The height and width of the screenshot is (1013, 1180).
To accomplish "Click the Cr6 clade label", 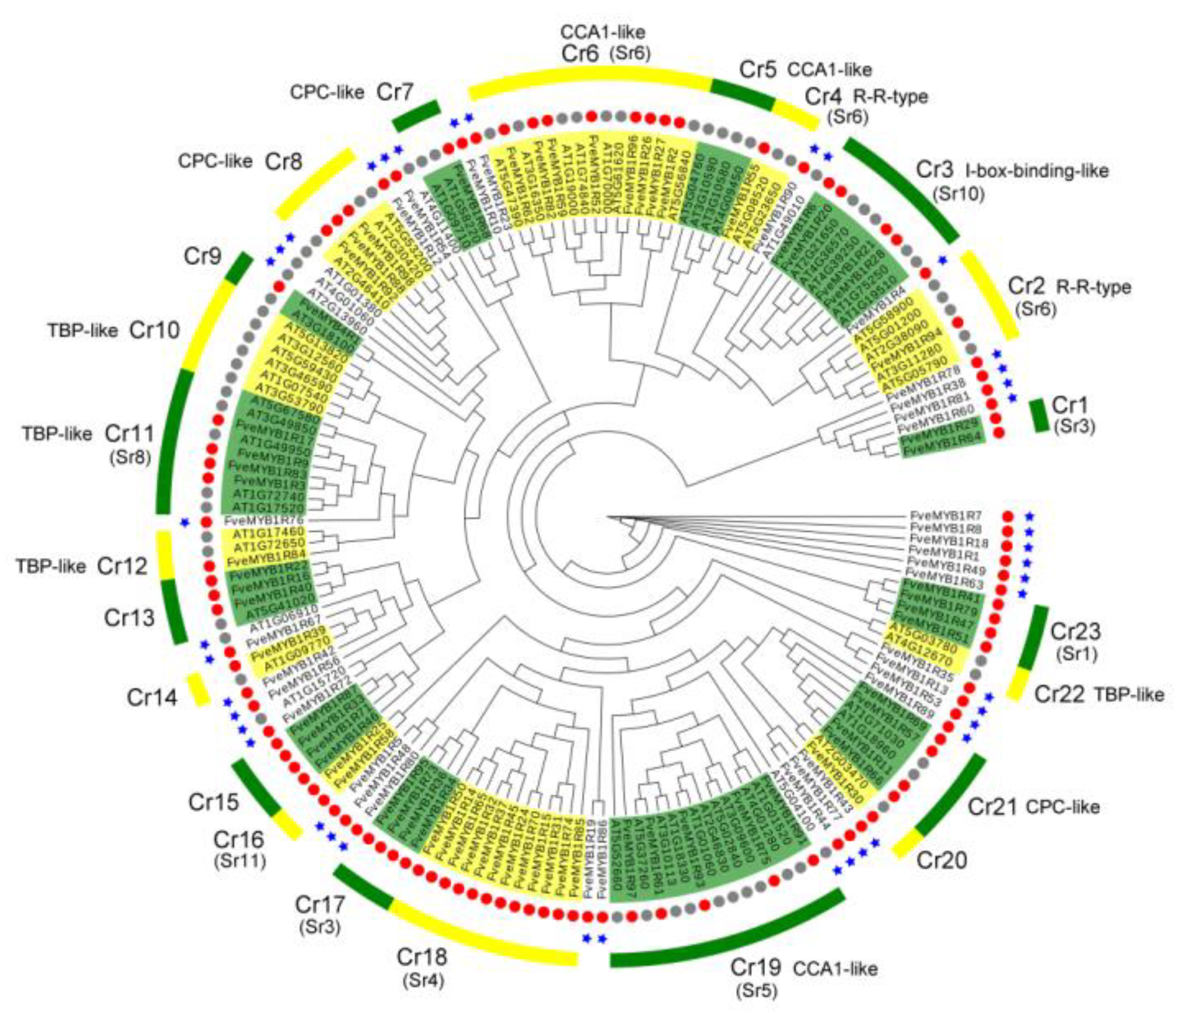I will click(x=580, y=54).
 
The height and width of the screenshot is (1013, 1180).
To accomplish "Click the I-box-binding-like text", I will click(x=1036, y=170).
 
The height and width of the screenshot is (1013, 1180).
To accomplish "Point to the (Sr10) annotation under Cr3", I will click(x=959, y=194).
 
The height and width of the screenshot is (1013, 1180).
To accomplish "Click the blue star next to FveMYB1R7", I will click(x=1030, y=516).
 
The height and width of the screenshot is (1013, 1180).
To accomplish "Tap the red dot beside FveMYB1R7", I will click(x=1007, y=516).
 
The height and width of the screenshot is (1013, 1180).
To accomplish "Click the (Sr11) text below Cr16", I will click(x=240, y=861).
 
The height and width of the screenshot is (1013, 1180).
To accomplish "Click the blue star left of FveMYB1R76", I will click(x=184, y=522).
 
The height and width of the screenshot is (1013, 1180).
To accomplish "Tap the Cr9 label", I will click(x=202, y=256).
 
